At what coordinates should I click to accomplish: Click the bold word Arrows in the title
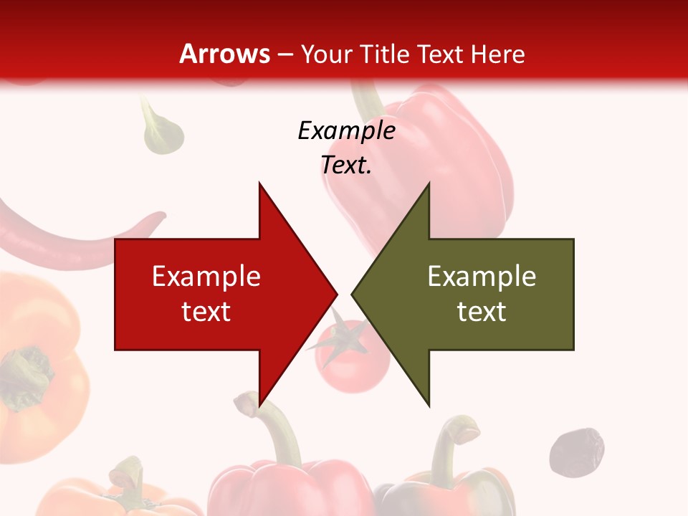pos(224,54)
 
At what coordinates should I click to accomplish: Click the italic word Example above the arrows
pos(346,131)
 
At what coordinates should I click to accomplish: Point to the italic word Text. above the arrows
pos(346,166)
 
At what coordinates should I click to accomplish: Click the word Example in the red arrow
pos(206,277)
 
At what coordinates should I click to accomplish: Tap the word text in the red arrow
pos(206,312)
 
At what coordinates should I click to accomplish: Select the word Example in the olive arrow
pos(482,277)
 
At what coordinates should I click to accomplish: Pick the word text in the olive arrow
pos(482,312)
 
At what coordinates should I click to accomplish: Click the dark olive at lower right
pos(577,451)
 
